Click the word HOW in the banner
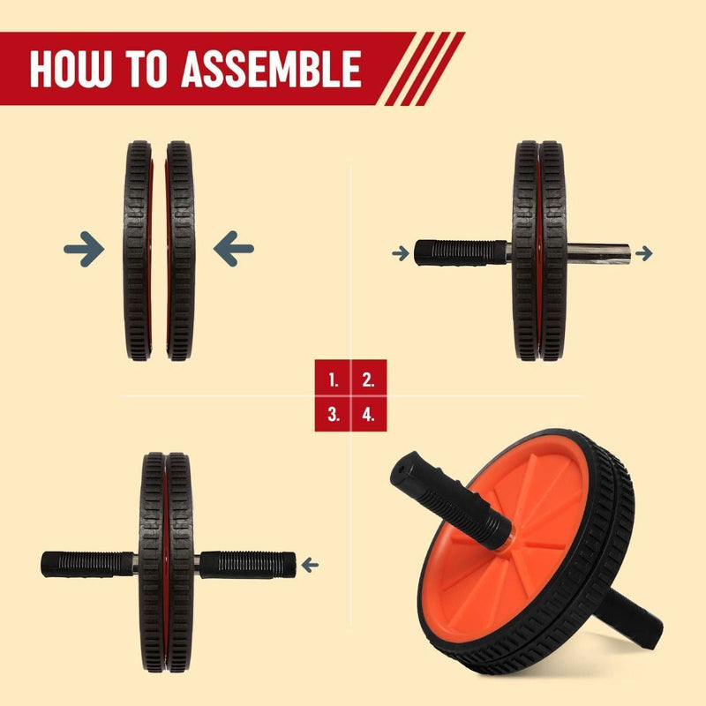point(70,69)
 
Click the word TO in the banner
point(146,69)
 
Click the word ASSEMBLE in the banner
point(272,69)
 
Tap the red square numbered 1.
point(333,378)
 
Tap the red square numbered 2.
point(369,378)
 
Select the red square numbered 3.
point(333,414)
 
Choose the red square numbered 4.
point(369,414)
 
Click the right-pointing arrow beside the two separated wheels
point(84,249)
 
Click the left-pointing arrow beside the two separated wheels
point(234,249)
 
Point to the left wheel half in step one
point(138,251)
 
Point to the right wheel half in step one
point(180,251)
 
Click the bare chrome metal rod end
point(598,253)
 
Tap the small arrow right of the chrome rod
point(644,253)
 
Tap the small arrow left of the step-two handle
point(401,253)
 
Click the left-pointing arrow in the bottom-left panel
point(310,565)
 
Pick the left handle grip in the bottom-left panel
point(87,564)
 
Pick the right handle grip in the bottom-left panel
point(248,565)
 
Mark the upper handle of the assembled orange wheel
point(451,499)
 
